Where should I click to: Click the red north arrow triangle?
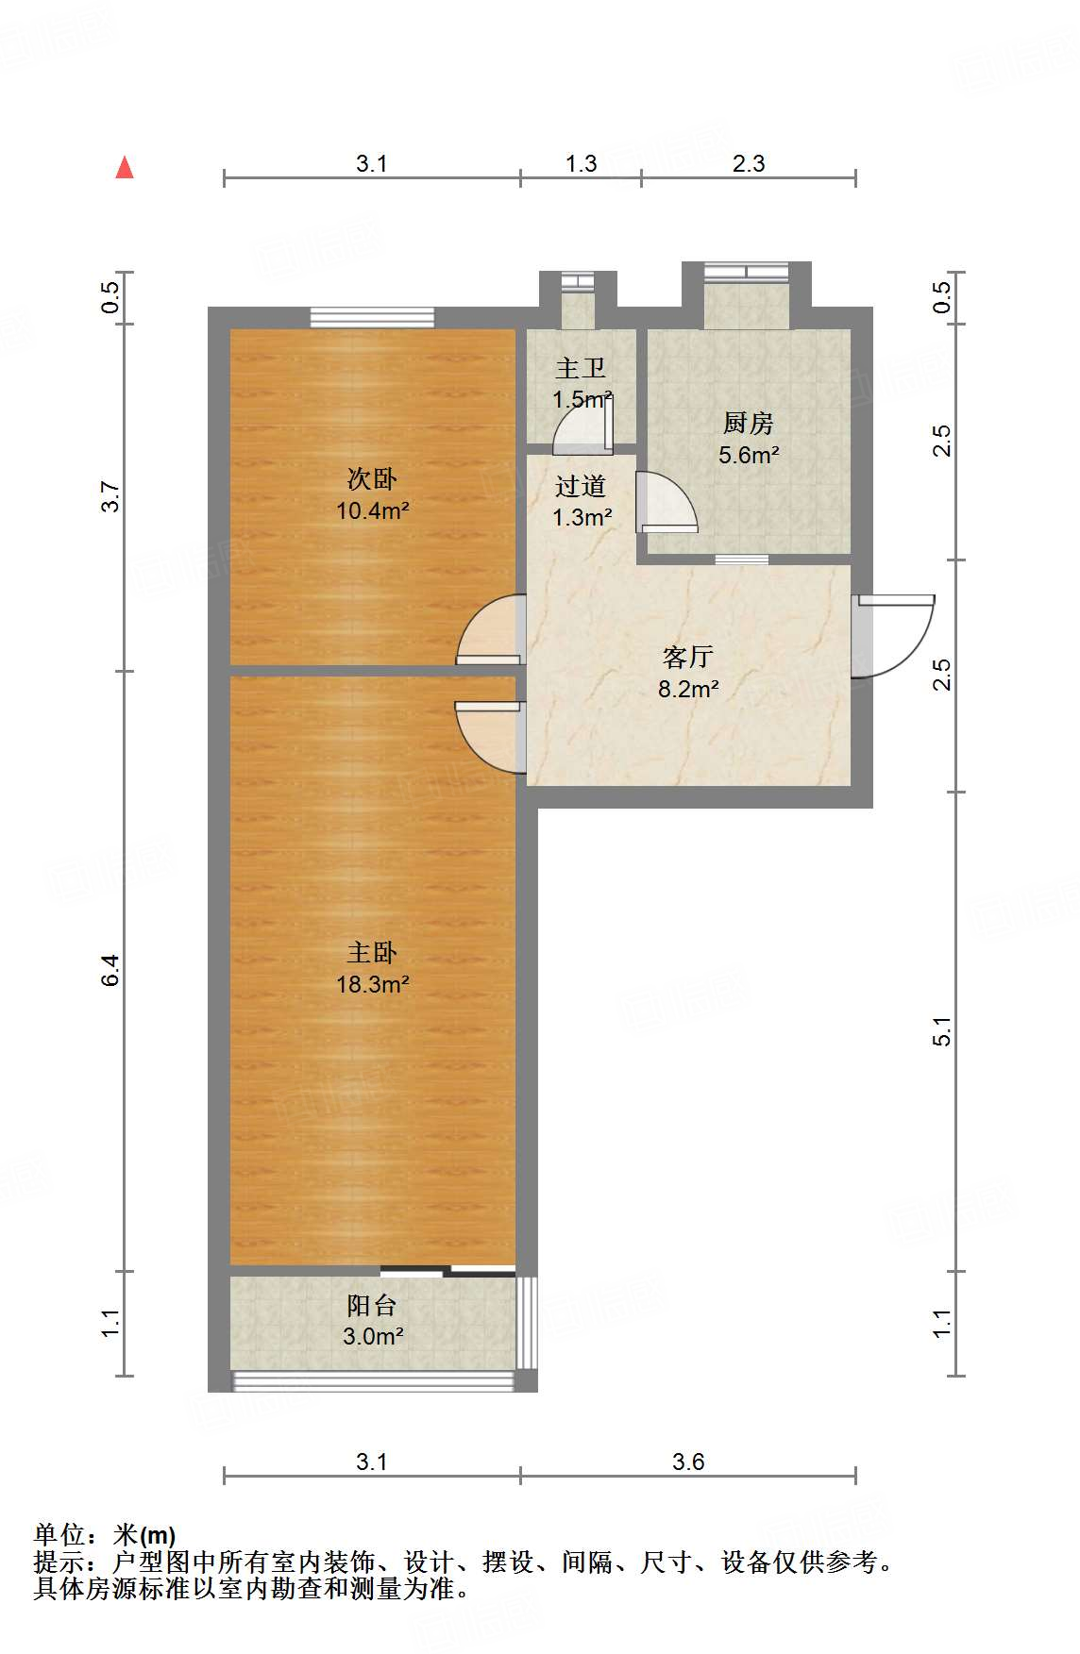coord(125,167)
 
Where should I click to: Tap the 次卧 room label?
coord(372,479)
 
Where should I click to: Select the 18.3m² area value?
coord(372,984)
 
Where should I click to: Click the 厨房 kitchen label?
coord(749,423)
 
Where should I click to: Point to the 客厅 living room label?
coord(688,657)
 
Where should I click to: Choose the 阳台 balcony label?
coord(372,1305)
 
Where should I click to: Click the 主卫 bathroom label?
coord(581,368)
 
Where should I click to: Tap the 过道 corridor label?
coord(581,486)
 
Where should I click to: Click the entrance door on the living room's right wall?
coord(892,636)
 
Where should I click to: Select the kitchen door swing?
coord(667,502)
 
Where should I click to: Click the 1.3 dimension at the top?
coord(582,163)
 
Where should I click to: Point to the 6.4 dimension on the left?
coord(111,970)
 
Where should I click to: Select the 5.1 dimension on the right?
coord(942,1031)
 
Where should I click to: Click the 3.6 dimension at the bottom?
coord(688,1462)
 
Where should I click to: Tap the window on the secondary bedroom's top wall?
coord(372,317)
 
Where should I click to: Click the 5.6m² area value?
coord(749,455)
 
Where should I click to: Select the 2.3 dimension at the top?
coord(749,163)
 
